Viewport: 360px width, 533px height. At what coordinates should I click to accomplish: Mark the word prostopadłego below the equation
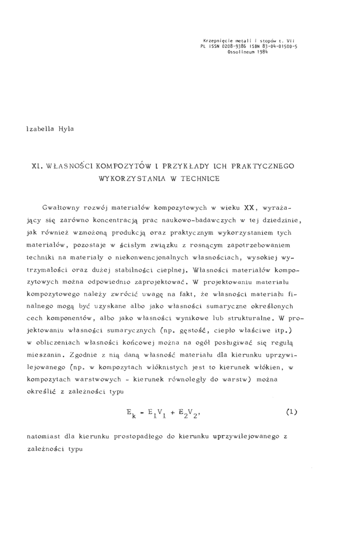point(133,436)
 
